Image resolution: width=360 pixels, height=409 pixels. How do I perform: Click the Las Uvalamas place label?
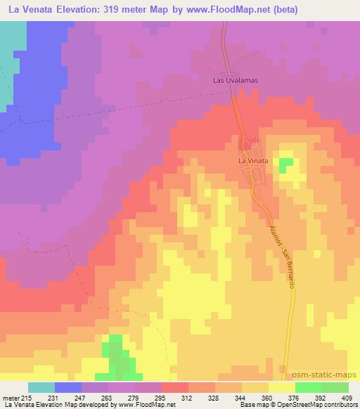coord(236,80)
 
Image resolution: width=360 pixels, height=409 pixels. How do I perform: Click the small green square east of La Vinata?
coord(285,165)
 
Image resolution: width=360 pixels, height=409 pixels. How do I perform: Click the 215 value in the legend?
coord(27,397)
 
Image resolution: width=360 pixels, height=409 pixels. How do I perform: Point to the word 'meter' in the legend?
coord(11,397)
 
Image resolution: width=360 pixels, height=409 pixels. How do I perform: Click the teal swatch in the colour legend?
coord(41,387)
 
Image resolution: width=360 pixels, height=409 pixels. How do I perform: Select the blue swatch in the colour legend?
coord(68,387)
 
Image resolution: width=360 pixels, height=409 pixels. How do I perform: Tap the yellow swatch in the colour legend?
coord(281,387)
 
